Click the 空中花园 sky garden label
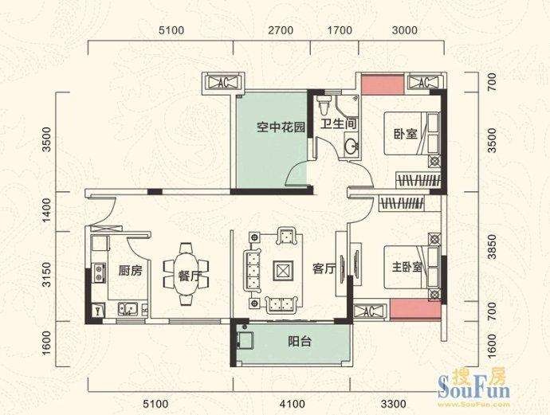[x=281, y=127]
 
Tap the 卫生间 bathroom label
[x=339, y=123]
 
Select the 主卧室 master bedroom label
[x=407, y=268]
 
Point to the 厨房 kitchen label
[x=131, y=271]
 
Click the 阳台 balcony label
[x=300, y=341]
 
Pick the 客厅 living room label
[x=324, y=269]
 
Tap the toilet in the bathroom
[x=323, y=104]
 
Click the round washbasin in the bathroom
[x=351, y=147]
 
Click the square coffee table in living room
[x=283, y=271]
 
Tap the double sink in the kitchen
[x=128, y=310]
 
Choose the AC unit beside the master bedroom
[x=369, y=311]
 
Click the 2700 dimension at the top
[x=281, y=30]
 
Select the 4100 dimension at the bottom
[x=293, y=404]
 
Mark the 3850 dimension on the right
[x=493, y=247]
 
